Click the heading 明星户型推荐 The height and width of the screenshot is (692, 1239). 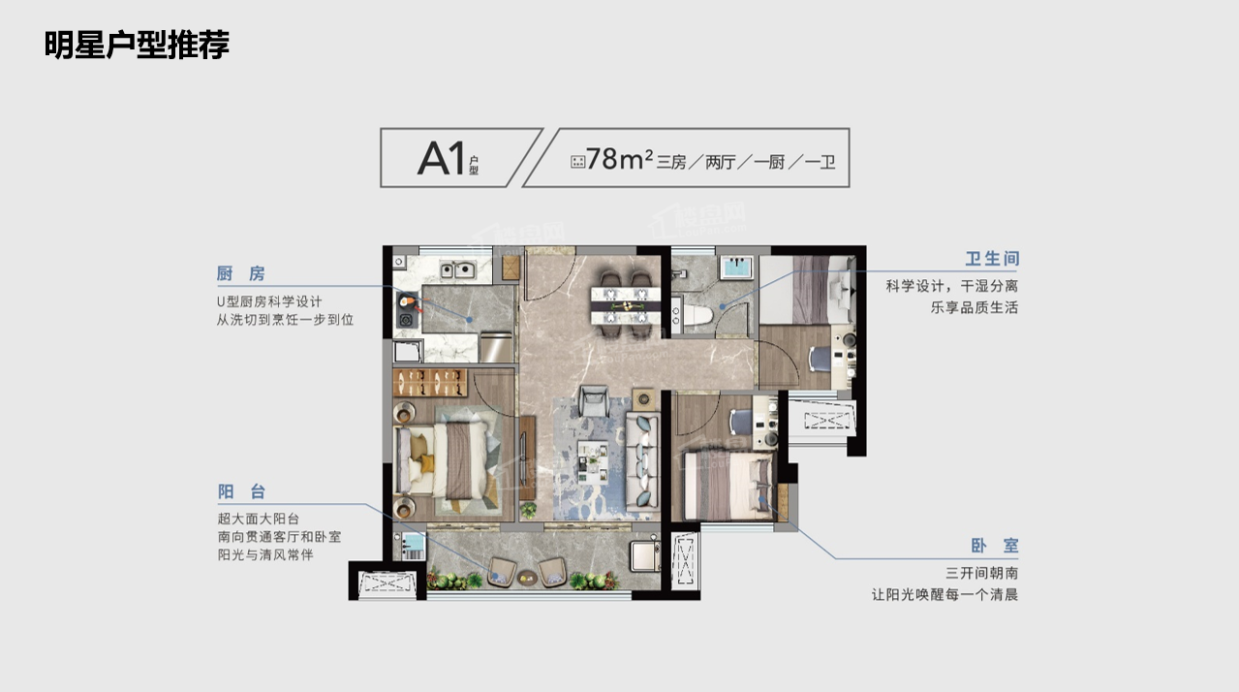pos(137,45)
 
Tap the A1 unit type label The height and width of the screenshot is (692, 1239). pos(441,158)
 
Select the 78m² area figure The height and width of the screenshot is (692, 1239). pos(619,159)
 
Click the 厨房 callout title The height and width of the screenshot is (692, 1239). pos(240,273)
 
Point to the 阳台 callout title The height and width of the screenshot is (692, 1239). pos(241,491)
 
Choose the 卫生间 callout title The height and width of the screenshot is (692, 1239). pos(992,259)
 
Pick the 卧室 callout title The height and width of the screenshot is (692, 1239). pos(995,546)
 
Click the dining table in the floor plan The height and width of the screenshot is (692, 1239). pos(626,305)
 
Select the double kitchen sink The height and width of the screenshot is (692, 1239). pos(457,270)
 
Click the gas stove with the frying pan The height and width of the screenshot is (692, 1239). pos(407,310)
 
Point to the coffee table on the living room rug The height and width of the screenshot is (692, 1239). pos(593,461)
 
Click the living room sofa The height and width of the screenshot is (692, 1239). pos(642,460)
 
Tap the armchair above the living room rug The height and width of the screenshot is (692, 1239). pos(594,400)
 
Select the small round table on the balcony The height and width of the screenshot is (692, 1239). pos(527,578)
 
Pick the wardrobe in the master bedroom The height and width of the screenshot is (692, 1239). pos(430,383)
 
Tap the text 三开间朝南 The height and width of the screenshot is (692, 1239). pos(981,573)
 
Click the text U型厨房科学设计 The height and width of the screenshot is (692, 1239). pos(269,301)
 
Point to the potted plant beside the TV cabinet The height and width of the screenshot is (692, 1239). pos(528,510)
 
